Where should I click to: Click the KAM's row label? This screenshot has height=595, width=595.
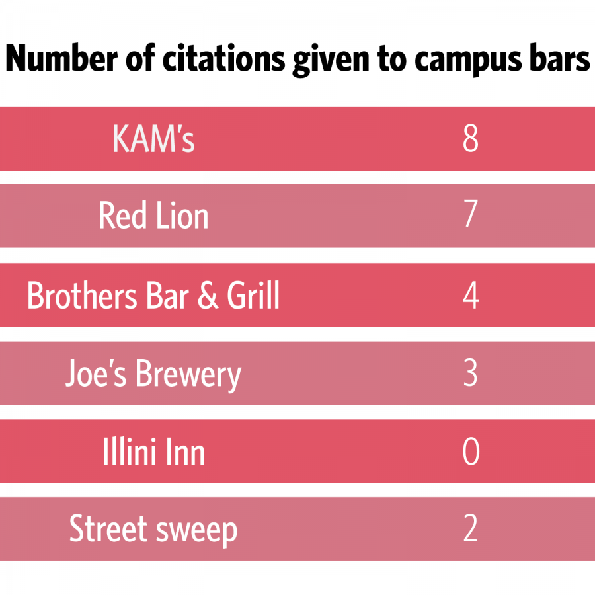(153, 139)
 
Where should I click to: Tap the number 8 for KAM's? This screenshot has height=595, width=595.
(470, 139)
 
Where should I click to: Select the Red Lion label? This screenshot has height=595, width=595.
(153, 217)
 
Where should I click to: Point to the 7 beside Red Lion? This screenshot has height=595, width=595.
(470, 217)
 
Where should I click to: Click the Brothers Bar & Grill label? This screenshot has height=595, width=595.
(153, 296)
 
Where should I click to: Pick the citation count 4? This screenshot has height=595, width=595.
(470, 296)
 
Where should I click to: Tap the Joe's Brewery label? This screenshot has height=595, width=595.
(153, 374)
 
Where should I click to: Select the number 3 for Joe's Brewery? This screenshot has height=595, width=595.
(470, 374)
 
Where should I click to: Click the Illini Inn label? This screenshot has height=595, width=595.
(153, 452)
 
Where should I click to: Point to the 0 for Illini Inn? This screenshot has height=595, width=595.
(470, 452)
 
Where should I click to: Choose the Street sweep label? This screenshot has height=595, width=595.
(153, 530)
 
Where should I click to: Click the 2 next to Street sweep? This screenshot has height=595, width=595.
(470, 530)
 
